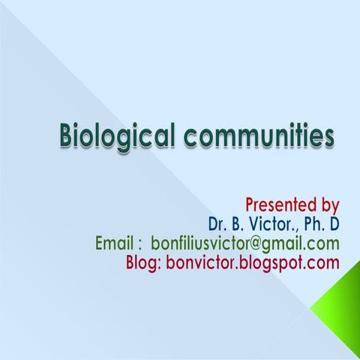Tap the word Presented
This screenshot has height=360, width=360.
282,204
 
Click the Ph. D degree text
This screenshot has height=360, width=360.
321,223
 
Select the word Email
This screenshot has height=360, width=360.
115,244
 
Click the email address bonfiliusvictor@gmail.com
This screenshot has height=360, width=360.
245,244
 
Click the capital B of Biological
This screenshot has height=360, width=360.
67,138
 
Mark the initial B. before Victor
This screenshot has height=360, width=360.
241,223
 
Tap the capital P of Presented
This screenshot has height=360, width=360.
250,204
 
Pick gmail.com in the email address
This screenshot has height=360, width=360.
307,244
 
